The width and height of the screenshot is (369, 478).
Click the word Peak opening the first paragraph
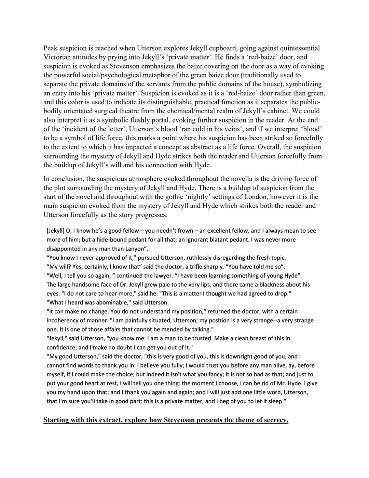[x=50, y=48]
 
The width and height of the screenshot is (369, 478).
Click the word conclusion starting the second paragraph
[x=67, y=179]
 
